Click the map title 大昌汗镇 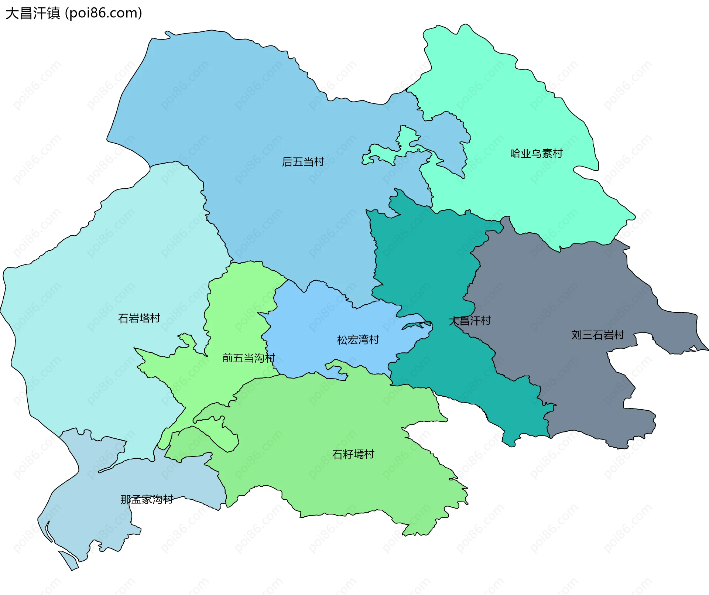click(x=32, y=13)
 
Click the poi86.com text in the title click(x=103, y=13)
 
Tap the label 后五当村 click(x=303, y=162)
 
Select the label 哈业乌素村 click(x=536, y=154)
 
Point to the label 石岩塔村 click(x=139, y=318)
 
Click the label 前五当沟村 click(x=249, y=358)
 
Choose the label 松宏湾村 click(x=358, y=340)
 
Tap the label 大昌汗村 click(x=470, y=321)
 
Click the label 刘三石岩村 click(x=597, y=335)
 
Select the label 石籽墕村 click(x=353, y=454)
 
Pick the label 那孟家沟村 click(x=147, y=500)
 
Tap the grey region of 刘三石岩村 click(x=572, y=288)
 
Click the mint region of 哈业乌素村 click(x=517, y=111)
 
